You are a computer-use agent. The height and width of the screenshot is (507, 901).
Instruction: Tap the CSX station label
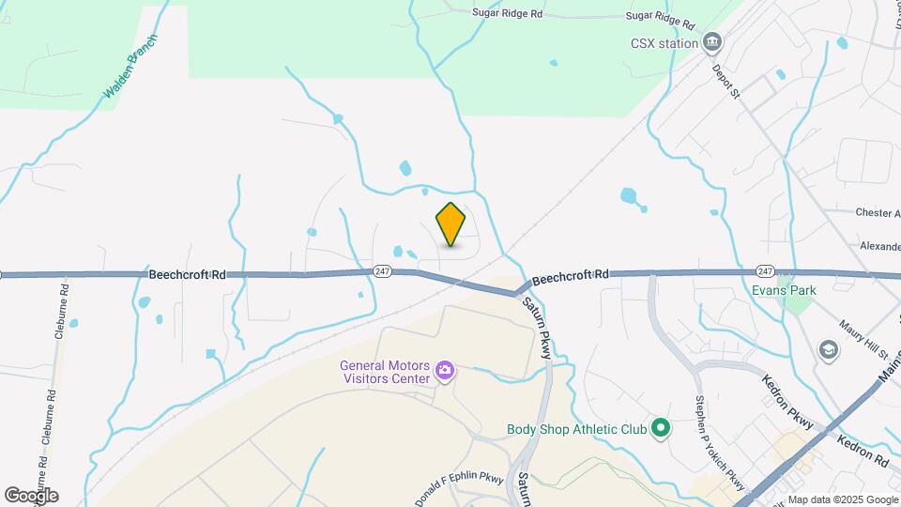click(x=664, y=42)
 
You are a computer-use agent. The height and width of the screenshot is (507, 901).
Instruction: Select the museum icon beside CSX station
click(x=712, y=42)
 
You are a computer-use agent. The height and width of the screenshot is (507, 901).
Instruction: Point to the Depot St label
click(x=725, y=82)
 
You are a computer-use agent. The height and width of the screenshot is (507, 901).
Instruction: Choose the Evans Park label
click(x=784, y=290)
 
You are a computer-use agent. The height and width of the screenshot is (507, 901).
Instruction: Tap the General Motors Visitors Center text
click(x=385, y=373)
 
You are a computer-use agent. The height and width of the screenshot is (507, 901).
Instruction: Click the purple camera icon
click(x=445, y=373)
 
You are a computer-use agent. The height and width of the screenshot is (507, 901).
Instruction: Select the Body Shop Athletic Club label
click(x=576, y=429)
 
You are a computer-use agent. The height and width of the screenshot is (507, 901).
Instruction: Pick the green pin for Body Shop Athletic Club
click(x=660, y=429)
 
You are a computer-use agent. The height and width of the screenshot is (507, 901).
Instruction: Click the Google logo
click(x=31, y=495)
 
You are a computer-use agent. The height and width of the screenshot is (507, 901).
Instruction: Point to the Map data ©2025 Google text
click(x=842, y=499)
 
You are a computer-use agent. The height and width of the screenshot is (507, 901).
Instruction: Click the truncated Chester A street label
click(x=878, y=213)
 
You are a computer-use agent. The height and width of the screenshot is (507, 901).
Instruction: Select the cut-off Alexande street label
click(x=879, y=245)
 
